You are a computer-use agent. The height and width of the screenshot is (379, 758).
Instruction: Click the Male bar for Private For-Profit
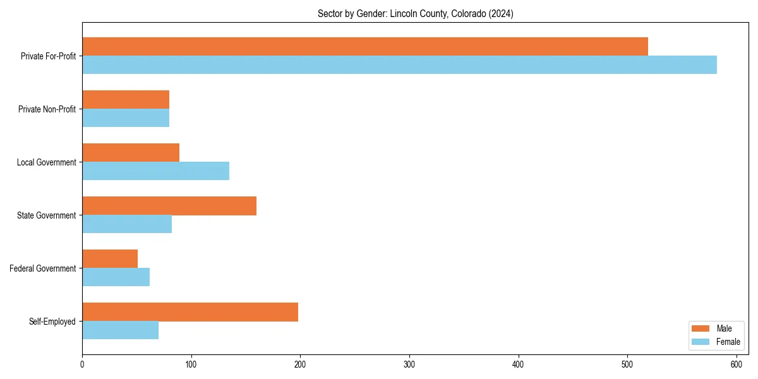click(x=365, y=47)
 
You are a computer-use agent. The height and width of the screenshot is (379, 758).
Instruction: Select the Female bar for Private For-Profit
click(x=399, y=65)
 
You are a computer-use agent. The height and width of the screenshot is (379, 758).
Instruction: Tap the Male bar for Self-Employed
click(x=190, y=312)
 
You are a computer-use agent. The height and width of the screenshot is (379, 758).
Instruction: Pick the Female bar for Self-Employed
click(x=120, y=330)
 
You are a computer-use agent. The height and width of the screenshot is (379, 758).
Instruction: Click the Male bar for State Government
click(x=169, y=206)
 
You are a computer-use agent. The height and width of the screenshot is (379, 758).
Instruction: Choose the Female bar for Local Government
click(x=155, y=171)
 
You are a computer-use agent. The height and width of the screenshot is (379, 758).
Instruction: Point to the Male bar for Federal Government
click(x=110, y=259)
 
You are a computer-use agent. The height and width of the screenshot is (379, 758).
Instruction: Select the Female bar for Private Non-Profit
click(x=126, y=118)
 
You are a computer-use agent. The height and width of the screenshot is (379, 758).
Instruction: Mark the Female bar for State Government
click(x=127, y=224)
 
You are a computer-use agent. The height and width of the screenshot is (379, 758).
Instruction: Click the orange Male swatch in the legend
click(x=701, y=328)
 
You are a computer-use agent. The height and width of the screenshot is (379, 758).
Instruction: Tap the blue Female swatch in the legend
click(x=701, y=342)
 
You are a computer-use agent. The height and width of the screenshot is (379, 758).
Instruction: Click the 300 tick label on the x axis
click(x=409, y=364)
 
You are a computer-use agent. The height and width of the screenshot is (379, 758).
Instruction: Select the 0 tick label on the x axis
click(x=82, y=364)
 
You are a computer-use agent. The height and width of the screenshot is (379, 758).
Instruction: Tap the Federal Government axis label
click(x=43, y=268)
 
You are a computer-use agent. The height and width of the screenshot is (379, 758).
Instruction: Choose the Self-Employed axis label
click(x=52, y=322)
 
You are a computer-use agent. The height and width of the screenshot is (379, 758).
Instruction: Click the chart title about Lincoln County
click(x=415, y=14)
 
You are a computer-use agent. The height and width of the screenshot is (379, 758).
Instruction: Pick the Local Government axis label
click(x=46, y=162)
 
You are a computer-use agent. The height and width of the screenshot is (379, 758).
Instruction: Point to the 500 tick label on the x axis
click(x=627, y=364)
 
